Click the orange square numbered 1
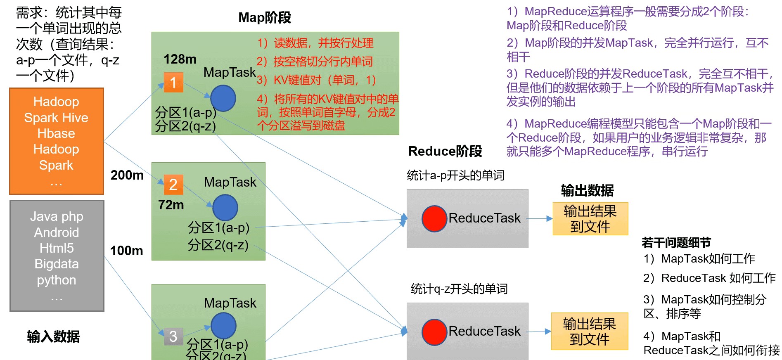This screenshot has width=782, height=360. click(x=173, y=82)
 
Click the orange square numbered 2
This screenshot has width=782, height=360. click(x=173, y=184)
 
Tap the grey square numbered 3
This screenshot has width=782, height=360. click(x=173, y=336)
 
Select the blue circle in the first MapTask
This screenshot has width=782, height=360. click(x=223, y=98)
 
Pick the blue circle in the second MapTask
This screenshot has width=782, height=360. click(x=225, y=208)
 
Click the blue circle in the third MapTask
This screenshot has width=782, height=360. click(x=223, y=325)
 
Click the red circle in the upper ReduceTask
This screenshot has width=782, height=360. click(x=434, y=218)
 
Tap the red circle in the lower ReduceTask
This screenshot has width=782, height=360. click(x=434, y=332)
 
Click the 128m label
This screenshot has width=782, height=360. click(x=180, y=59)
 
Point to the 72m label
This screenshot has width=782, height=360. click(x=171, y=205)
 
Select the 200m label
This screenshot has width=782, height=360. click(x=127, y=175)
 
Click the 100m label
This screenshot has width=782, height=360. click(x=127, y=251)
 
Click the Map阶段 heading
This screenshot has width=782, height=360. click(x=265, y=17)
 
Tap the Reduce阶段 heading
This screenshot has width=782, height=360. click(x=445, y=151)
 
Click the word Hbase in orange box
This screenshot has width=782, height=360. click(x=56, y=133)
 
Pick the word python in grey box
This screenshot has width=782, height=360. click(x=57, y=280)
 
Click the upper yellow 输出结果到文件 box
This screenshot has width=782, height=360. click(x=590, y=219)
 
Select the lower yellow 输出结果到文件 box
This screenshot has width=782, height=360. click(x=589, y=332)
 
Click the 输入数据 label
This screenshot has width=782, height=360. click(x=53, y=336)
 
